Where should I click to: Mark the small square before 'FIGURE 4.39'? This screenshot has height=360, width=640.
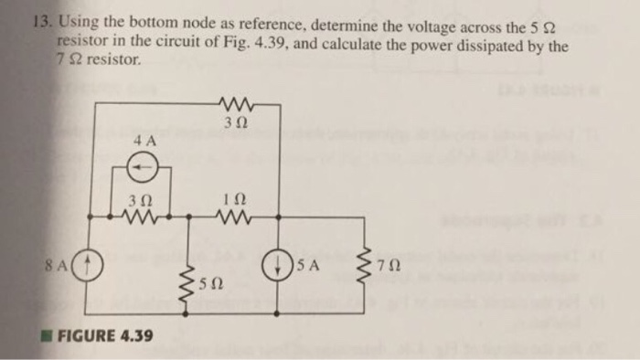coord(51,334)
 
